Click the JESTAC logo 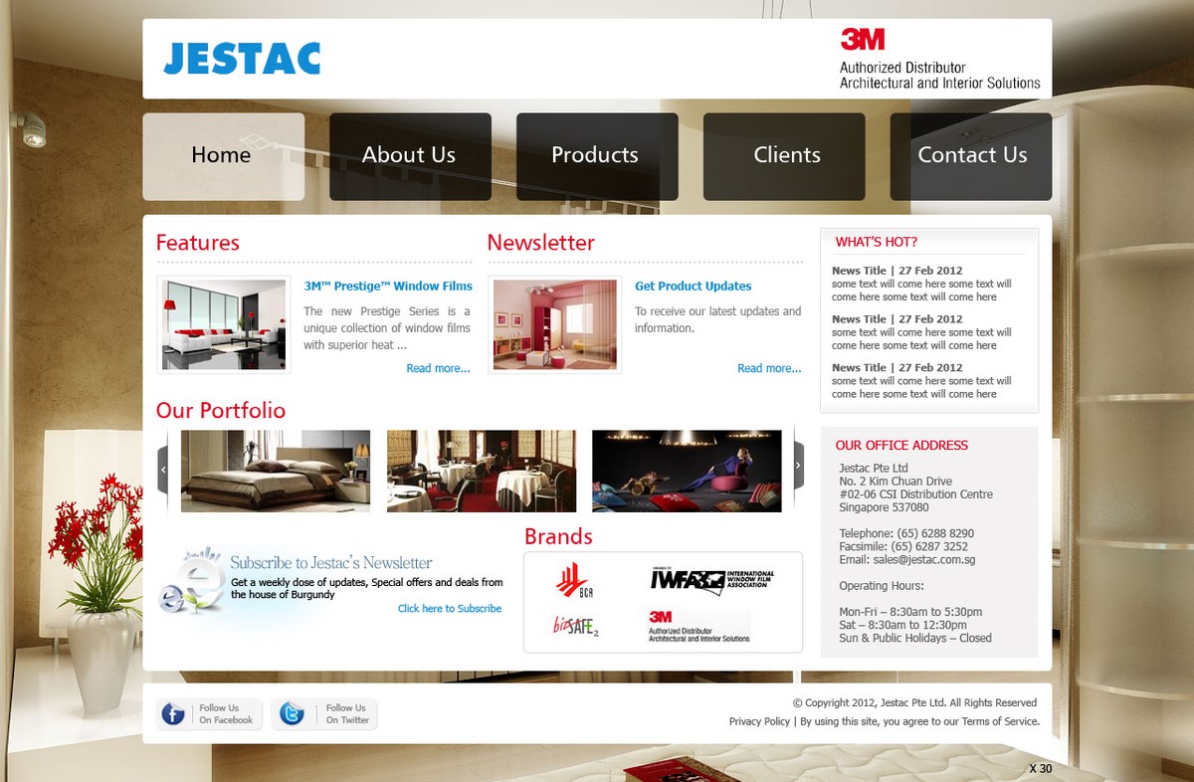pyautogui.click(x=242, y=59)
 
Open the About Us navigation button pyautogui.click(x=409, y=155)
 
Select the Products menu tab pyautogui.click(x=595, y=155)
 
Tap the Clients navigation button pyautogui.click(x=786, y=155)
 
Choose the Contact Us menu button pyautogui.click(x=971, y=155)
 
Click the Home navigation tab pyautogui.click(x=222, y=155)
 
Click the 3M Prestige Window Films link pyautogui.click(x=388, y=286)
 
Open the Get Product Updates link pyautogui.click(x=693, y=286)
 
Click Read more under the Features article pyautogui.click(x=438, y=368)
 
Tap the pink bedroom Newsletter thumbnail pyautogui.click(x=555, y=324)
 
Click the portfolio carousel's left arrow pyautogui.click(x=163, y=469)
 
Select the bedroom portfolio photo pyautogui.click(x=276, y=471)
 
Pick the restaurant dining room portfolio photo pyautogui.click(x=482, y=471)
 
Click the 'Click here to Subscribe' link pyautogui.click(x=450, y=609)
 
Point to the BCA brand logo pyautogui.click(x=572, y=580)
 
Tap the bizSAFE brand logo pyautogui.click(x=576, y=626)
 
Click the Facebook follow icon pyautogui.click(x=173, y=714)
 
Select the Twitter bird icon pyautogui.click(x=292, y=714)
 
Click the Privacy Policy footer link pyautogui.click(x=759, y=721)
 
